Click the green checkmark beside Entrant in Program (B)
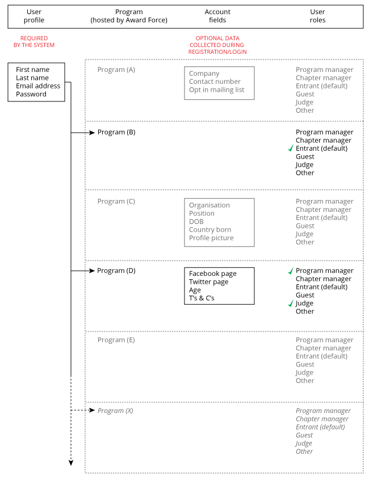pos(291,148)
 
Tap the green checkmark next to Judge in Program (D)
pos(291,303)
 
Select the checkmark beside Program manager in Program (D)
pos(291,271)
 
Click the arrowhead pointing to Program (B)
pos(91,133)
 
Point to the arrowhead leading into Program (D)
pos(91,271)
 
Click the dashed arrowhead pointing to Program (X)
pos(91,410)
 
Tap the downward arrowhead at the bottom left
pos(71,463)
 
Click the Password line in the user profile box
pos(31,94)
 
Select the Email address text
pos(38,86)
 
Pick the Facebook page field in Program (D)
pos(213,274)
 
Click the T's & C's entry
pos(202,298)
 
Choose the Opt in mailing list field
pos(216,90)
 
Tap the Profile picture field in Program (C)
pos(211,238)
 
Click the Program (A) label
pos(116,70)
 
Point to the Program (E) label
pos(116,340)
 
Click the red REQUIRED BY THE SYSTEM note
pos(34,42)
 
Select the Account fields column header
pos(217,16)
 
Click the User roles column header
pos(318,16)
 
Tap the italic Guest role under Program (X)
pos(304,435)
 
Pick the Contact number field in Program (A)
pos(215,82)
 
